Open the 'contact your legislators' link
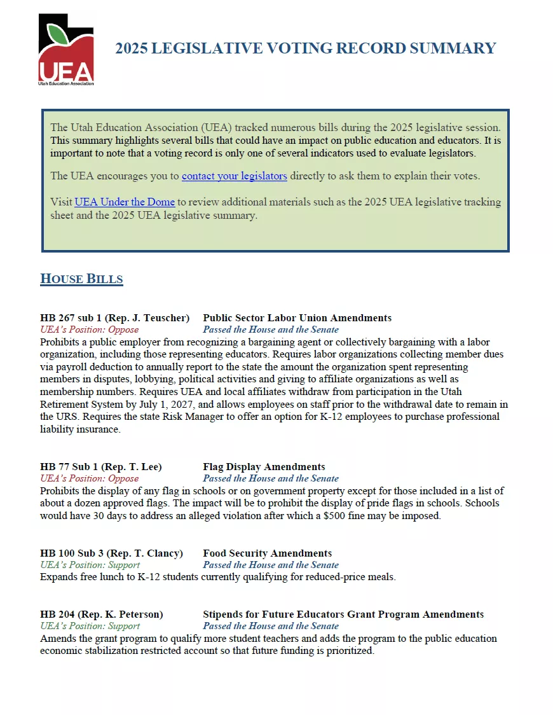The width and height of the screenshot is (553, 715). click(x=234, y=176)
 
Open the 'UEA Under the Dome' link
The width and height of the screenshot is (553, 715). click(x=125, y=202)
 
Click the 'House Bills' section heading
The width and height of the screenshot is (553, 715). click(x=81, y=279)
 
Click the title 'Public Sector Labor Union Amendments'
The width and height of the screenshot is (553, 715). click(x=297, y=317)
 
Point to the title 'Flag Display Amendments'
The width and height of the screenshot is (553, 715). click(x=264, y=467)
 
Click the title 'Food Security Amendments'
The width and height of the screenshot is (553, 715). click(x=267, y=553)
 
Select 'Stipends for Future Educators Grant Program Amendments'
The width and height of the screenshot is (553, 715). click(x=343, y=614)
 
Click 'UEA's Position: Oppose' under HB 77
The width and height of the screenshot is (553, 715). click(x=89, y=478)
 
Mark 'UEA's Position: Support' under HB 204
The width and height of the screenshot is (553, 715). click(x=90, y=626)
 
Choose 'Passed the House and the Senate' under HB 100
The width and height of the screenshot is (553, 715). click(x=271, y=565)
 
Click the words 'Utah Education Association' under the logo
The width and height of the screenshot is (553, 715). click(x=66, y=83)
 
